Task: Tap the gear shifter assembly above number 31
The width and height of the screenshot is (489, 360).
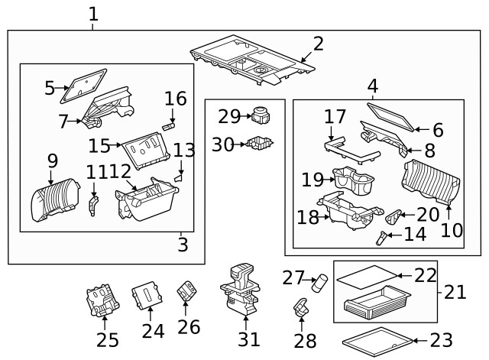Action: [240, 291]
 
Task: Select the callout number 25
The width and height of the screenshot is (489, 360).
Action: [107, 340]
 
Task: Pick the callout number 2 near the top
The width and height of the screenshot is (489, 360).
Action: [318, 44]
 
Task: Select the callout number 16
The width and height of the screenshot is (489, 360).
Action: [175, 99]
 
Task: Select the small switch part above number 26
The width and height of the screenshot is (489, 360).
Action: [186, 291]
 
